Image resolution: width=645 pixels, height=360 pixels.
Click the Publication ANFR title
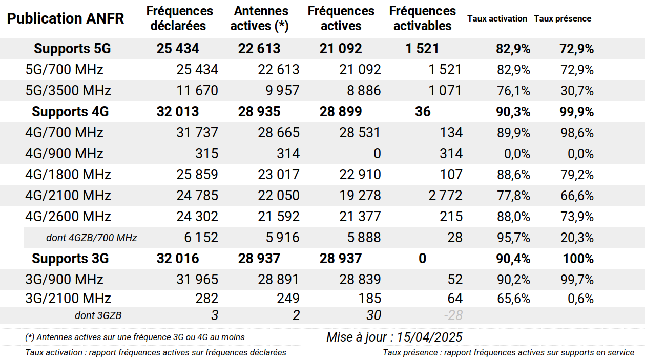tap(66, 18)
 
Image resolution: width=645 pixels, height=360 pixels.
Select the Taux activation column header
tap(497, 19)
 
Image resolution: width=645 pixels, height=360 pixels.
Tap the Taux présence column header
tap(563, 19)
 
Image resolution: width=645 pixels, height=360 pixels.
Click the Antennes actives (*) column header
tap(259, 18)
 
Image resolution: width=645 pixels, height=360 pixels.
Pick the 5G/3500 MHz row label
tap(68, 90)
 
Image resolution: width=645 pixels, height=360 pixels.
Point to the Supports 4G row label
tap(70, 111)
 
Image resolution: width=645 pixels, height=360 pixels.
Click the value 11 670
tap(197, 90)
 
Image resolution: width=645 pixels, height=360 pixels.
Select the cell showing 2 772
tap(445, 196)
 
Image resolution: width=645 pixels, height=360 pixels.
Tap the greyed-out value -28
tap(453, 315)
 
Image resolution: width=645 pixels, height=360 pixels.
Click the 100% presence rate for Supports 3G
tap(578, 259)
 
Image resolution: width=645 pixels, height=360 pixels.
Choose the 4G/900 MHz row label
tap(64, 154)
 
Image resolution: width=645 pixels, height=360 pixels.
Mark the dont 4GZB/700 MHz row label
tap(92, 238)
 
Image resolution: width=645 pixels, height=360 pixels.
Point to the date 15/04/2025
tap(429, 337)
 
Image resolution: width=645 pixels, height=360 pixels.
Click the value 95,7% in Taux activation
tap(513, 238)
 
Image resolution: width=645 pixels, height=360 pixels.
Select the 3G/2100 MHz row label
tap(68, 298)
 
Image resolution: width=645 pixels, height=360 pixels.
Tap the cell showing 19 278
tap(360, 196)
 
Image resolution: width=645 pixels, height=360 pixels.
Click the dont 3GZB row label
tap(98, 315)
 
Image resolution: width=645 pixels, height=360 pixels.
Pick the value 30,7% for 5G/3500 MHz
tap(577, 91)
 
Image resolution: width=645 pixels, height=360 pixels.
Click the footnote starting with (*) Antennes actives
tap(135, 337)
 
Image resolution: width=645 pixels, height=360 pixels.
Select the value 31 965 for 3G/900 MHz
tap(197, 280)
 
